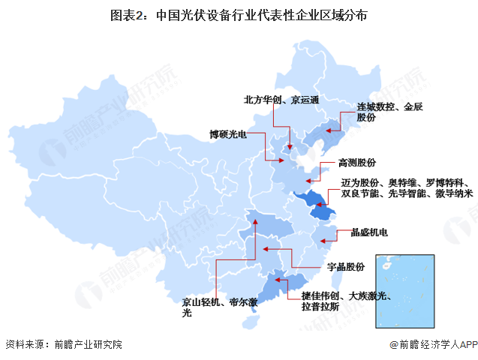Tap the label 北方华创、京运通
click(281, 100)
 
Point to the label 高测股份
click(356, 163)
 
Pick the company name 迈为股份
click(360, 182)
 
